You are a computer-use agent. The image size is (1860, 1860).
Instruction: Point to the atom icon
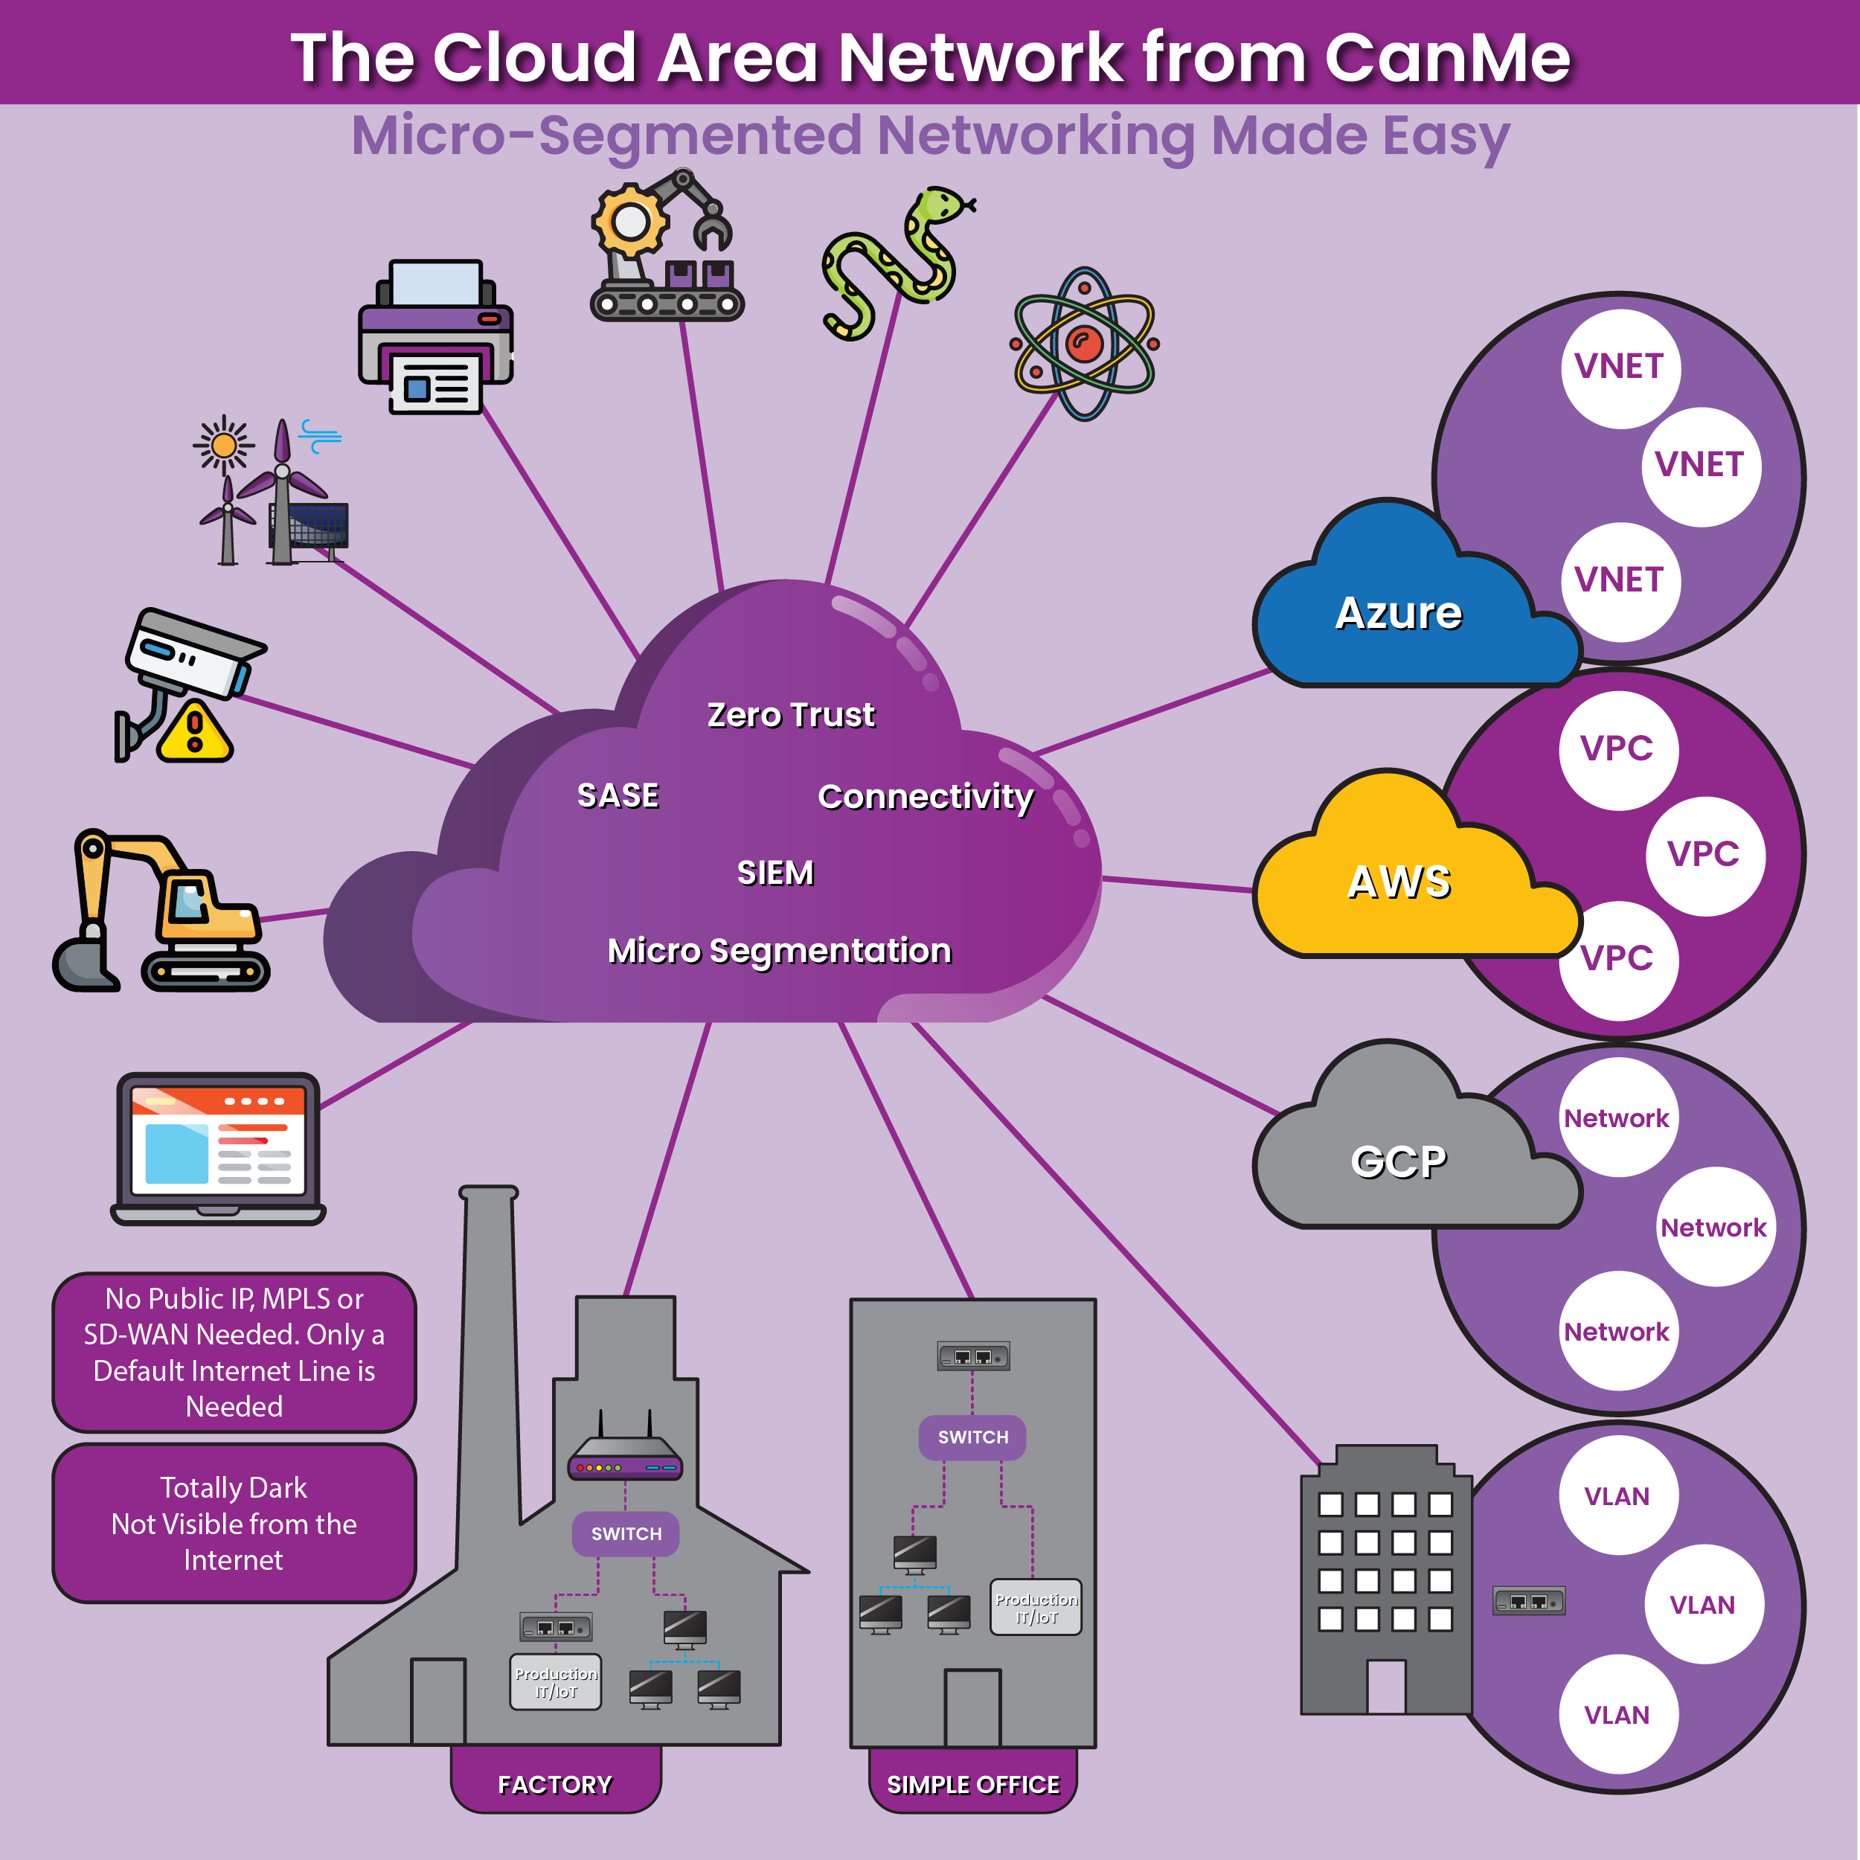tap(1084, 344)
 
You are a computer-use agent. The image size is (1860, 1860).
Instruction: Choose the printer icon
tap(435, 337)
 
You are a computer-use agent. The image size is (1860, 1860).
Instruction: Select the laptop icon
tap(219, 1147)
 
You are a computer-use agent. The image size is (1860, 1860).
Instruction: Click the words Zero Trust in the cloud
tap(790, 714)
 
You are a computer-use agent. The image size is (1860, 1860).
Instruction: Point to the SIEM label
tap(775, 872)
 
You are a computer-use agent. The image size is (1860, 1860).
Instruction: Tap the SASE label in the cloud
tap(617, 795)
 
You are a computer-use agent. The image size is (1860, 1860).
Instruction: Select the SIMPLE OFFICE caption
tap(972, 1784)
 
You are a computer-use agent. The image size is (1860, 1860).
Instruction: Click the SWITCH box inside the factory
tap(626, 1533)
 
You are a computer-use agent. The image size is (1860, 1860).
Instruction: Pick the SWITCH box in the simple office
tap(972, 1437)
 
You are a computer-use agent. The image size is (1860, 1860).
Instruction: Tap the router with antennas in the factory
tap(625, 1454)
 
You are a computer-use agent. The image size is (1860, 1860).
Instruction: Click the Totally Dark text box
tap(234, 1523)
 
